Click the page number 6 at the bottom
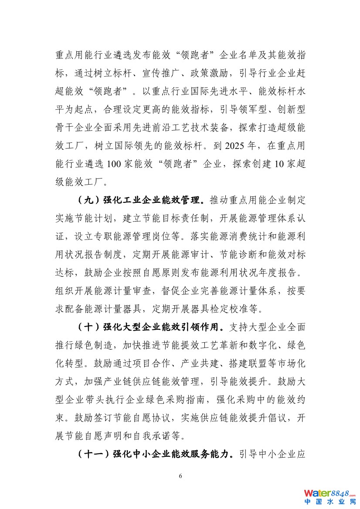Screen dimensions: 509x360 180,475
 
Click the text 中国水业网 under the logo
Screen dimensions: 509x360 330,502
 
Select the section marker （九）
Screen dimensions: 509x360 88,201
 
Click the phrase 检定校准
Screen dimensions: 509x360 242,310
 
